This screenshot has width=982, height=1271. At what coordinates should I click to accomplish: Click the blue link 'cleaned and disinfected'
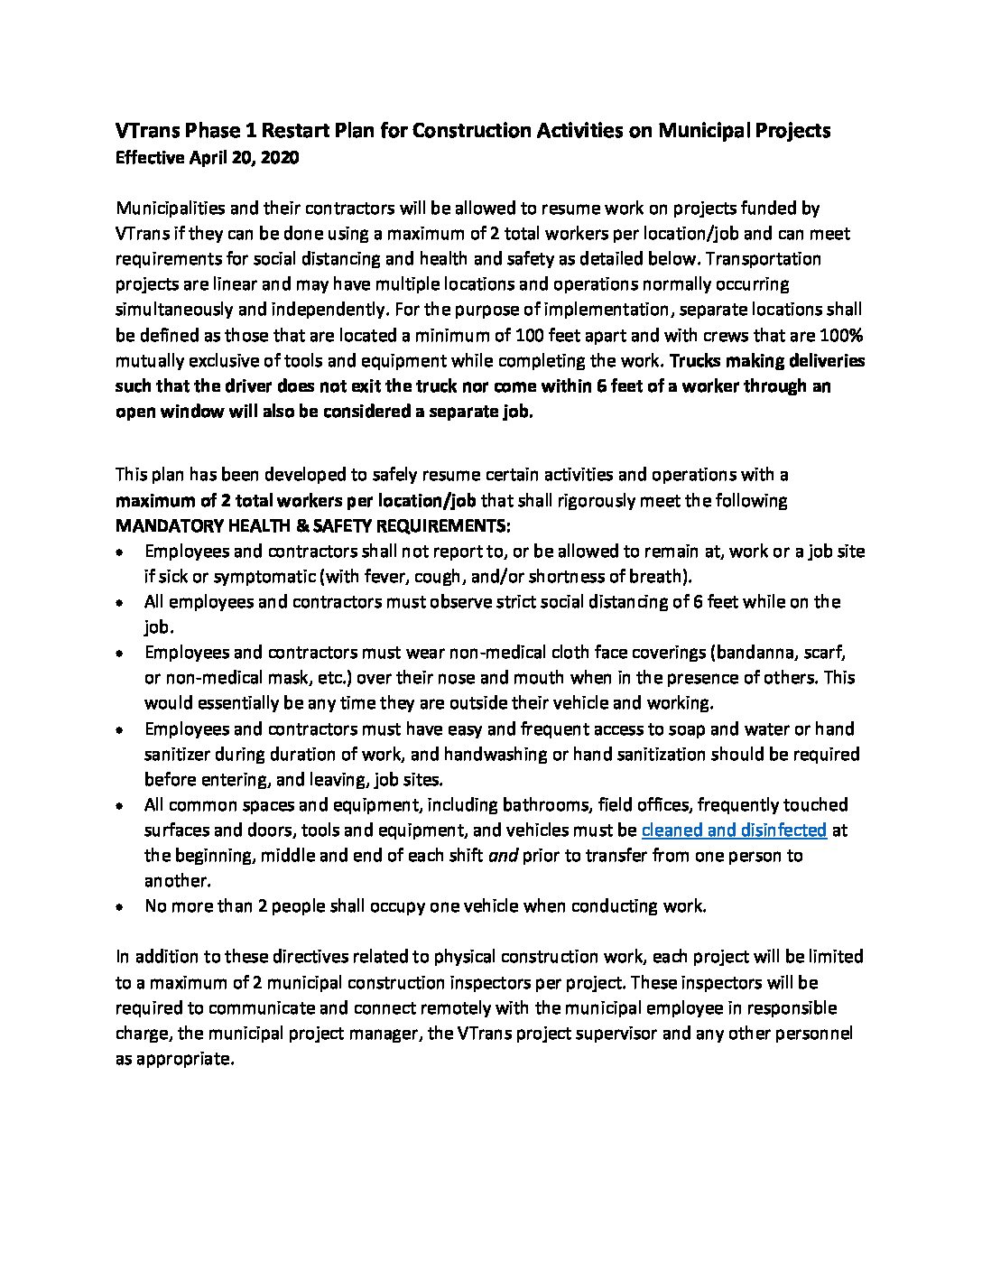pyautogui.click(x=734, y=830)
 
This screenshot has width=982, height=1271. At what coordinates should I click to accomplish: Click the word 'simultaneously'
pyautogui.click(x=173, y=310)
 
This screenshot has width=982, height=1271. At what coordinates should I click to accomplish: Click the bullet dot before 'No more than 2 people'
pyautogui.click(x=120, y=907)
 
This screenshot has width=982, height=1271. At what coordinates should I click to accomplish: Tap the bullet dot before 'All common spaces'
pyautogui.click(x=120, y=805)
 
